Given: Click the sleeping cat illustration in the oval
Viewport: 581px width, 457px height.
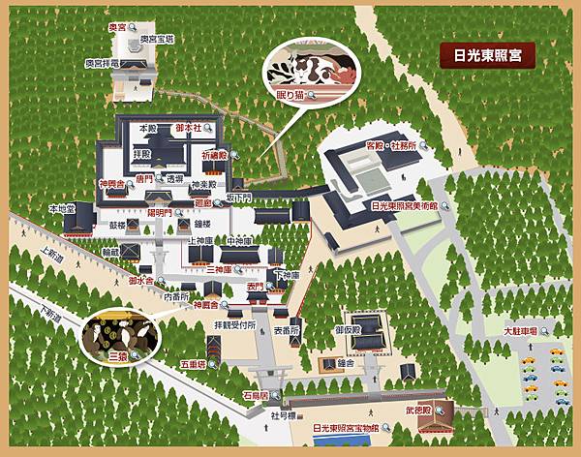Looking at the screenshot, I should click(x=309, y=70).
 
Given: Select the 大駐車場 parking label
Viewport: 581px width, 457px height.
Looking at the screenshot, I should click(x=521, y=331).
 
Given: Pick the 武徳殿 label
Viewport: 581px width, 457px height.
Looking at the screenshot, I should click(x=419, y=411).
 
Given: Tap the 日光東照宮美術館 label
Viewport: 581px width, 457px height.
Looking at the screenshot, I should click(x=405, y=205).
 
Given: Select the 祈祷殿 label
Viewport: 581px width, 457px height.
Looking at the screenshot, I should click(x=214, y=154).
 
